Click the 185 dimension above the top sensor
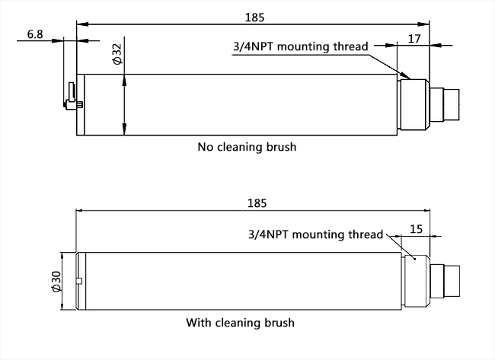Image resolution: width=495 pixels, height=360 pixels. click(251, 15)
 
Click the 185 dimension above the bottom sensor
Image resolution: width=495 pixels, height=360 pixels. click(257, 203)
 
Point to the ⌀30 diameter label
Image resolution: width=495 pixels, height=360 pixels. click(56, 281)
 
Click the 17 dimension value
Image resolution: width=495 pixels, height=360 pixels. click(415, 38)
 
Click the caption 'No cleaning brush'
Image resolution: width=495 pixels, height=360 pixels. click(246, 147)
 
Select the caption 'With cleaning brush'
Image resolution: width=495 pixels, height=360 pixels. click(240, 323)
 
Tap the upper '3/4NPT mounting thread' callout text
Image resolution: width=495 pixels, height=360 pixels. click(300, 46)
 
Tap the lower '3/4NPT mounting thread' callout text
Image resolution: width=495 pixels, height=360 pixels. click(315, 234)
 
